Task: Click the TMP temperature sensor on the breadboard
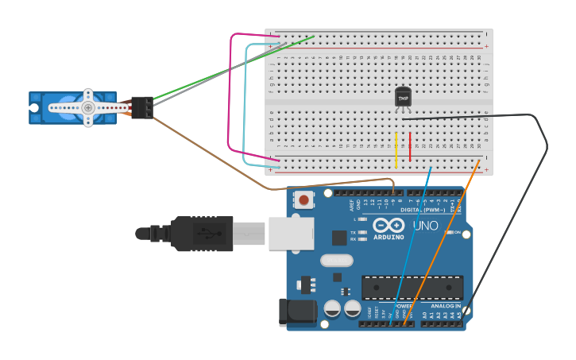tap(403, 97)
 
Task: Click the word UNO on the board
tap(426, 226)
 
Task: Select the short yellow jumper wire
tap(396, 149)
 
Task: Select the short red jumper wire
tap(410, 147)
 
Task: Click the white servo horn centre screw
tap(88, 107)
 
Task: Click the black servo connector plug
tap(142, 107)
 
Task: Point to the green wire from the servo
tap(230, 68)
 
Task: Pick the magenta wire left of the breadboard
tap(230, 95)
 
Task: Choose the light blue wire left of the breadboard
tap(244, 103)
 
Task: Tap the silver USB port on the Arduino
tap(291, 233)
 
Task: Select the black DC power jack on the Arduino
tap(297, 312)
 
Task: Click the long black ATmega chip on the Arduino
tap(412, 288)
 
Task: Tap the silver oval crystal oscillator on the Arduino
tap(336, 260)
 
